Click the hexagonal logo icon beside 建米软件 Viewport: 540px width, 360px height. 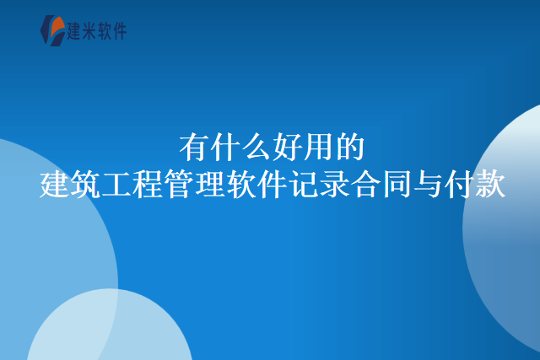pyautogui.click(x=52, y=30)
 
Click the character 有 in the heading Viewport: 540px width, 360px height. pyautogui.click(x=194, y=147)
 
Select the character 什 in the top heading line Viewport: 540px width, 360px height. pyautogui.click(x=225, y=147)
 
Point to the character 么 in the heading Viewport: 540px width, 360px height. pyautogui.click(x=256, y=147)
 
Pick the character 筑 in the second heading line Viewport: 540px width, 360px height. pyautogui.click(x=86, y=183)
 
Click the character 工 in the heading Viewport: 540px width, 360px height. pyautogui.click(x=117, y=183)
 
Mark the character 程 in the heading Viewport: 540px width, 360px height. pyautogui.click(x=148, y=183)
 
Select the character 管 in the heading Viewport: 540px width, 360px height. pyautogui.click(x=180, y=183)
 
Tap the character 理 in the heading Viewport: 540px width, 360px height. pyautogui.click(x=211, y=183)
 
